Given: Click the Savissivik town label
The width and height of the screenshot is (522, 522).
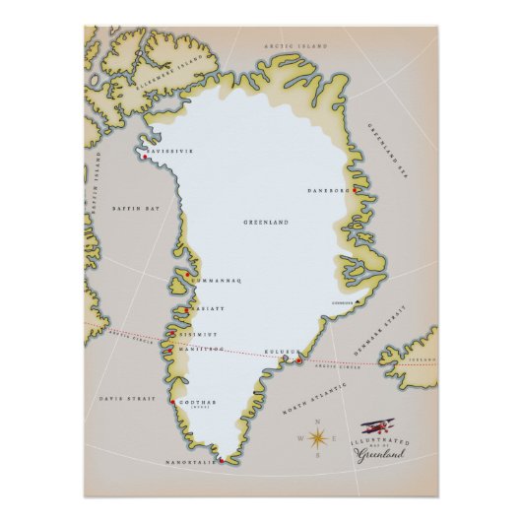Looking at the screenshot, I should (170, 151).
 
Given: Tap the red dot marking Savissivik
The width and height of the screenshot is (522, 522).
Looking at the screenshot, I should (146, 157).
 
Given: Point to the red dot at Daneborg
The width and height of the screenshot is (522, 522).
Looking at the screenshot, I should (348, 190).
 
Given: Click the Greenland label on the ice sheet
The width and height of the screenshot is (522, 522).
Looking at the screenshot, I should (265, 224).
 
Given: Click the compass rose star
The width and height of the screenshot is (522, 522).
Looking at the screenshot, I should (318, 439).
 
